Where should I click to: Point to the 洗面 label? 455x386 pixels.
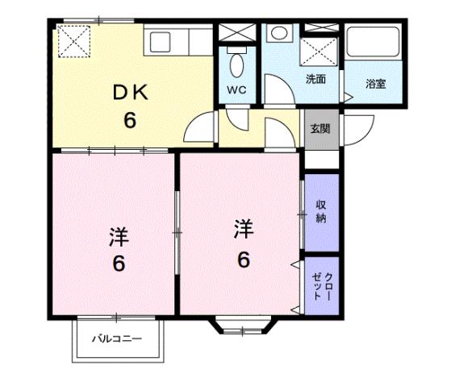[315, 79]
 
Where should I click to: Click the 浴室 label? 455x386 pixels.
[374, 83]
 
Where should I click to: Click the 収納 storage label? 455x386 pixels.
[321, 210]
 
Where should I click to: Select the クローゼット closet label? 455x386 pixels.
[321, 282]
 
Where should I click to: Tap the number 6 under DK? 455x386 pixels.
[129, 121]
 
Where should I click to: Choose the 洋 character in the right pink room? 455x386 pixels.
[243, 230]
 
